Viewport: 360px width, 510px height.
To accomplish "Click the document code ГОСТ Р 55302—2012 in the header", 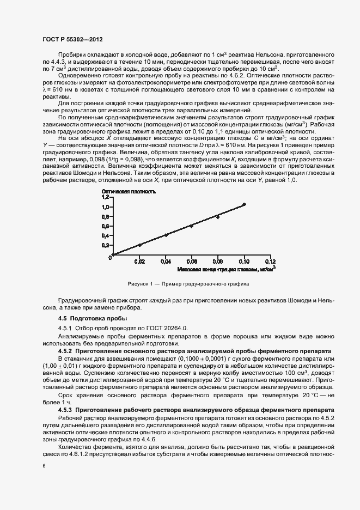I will [72, 40].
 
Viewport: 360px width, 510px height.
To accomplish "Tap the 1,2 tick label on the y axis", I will [105, 198].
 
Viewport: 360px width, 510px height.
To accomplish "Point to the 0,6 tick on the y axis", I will [105, 226].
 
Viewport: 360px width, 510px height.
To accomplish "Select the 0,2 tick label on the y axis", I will [105, 245].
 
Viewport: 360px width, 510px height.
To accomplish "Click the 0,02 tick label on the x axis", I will [139, 262].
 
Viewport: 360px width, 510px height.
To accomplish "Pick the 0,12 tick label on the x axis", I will [270, 262].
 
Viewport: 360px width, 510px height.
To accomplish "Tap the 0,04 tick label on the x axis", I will [166, 262].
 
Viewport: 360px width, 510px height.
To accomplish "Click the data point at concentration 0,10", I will [244, 204].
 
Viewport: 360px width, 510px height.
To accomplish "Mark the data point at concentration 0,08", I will [218, 217].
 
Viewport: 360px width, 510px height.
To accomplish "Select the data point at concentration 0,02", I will [139, 245].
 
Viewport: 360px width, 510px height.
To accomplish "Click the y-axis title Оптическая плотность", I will [129, 191].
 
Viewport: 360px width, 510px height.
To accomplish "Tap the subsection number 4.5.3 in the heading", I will [66, 409].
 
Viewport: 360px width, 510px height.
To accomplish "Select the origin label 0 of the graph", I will [110, 258].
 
